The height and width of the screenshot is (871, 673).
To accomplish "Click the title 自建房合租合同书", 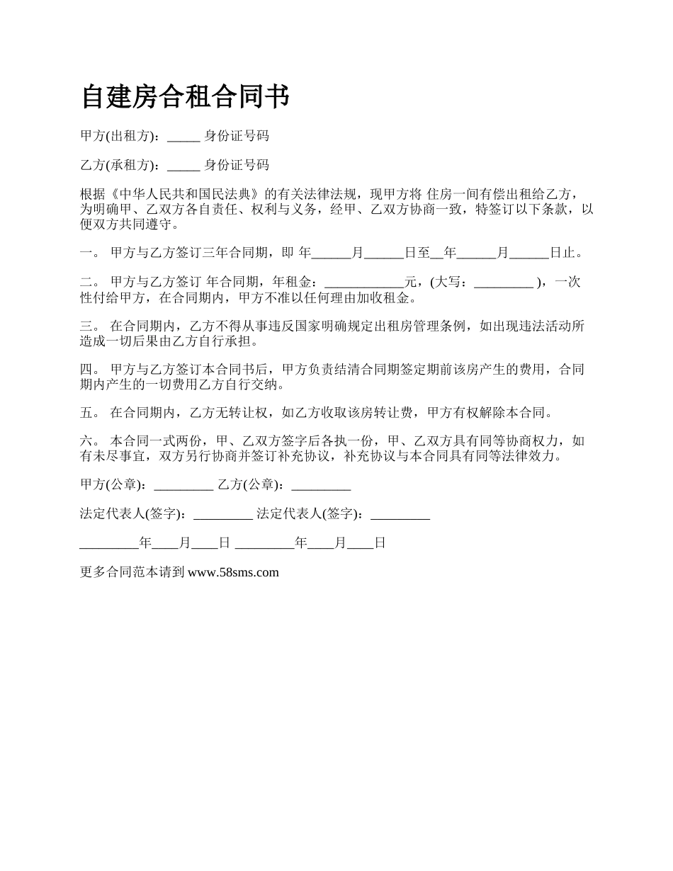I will pyautogui.click(x=185, y=97).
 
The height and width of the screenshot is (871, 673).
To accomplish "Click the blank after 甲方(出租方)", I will pyautogui.click(x=183, y=137).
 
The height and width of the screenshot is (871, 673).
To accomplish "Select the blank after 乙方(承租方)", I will pyautogui.click(x=183, y=166).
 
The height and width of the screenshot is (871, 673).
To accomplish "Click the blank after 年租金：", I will pyautogui.click(x=363, y=283).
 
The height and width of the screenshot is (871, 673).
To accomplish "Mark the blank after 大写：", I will pyautogui.click(x=503, y=283).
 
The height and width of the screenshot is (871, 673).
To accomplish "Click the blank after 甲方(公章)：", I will pyautogui.click(x=183, y=485).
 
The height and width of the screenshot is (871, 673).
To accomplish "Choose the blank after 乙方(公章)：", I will pyautogui.click(x=321, y=485).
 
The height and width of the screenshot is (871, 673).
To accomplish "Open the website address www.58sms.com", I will pyautogui.click(x=232, y=572).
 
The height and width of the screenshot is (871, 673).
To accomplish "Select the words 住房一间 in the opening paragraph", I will pyautogui.click(x=453, y=194).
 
